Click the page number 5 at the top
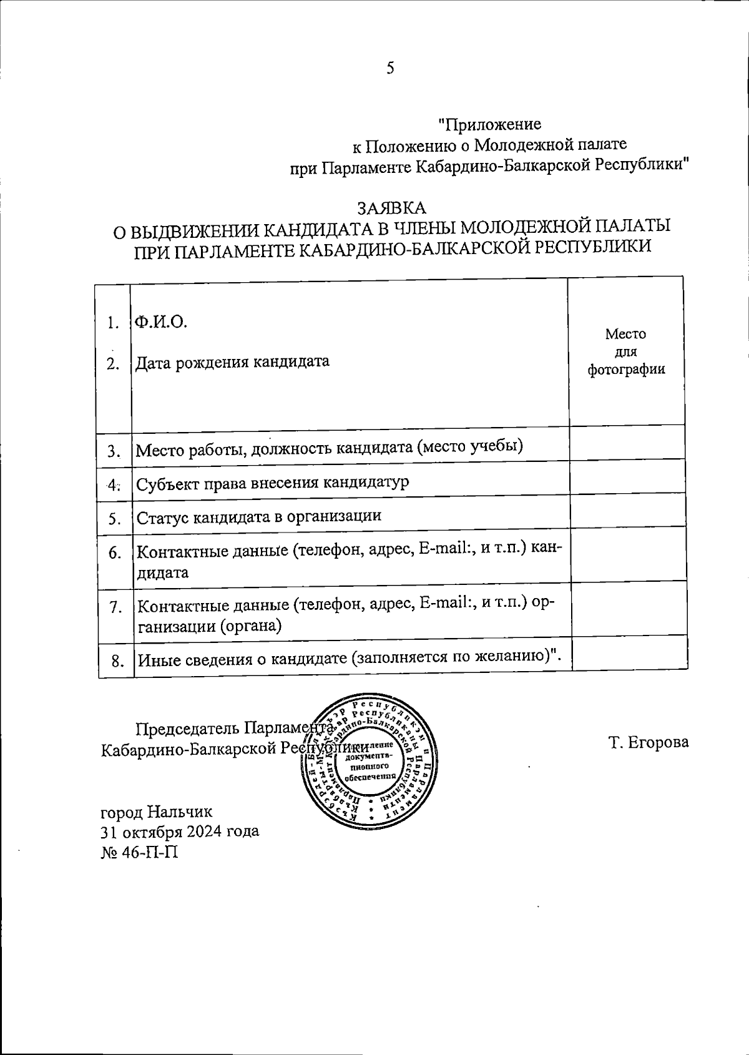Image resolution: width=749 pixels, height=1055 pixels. [x=390, y=67]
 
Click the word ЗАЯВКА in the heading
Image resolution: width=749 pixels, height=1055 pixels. [x=391, y=207]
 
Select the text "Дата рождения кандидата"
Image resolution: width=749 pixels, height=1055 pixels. [x=232, y=361]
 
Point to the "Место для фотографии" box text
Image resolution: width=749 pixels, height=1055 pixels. [x=625, y=351]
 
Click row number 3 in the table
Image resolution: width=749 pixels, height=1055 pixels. [x=114, y=451]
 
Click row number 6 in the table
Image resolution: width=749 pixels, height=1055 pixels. [x=114, y=552]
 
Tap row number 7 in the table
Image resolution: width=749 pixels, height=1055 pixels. [x=115, y=606]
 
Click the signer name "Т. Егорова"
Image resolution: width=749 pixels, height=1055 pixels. [x=649, y=742]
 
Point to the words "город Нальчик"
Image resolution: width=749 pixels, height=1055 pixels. [x=157, y=812]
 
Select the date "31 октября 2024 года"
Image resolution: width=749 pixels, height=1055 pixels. [x=180, y=832]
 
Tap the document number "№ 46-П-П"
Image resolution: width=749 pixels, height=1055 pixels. [x=139, y=851]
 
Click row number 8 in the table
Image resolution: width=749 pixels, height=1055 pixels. [x=117, y=660]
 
